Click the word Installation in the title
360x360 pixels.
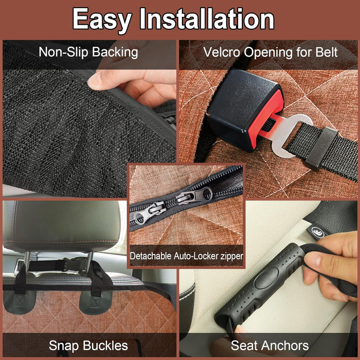(207, 18)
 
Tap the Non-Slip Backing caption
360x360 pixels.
(88, 52)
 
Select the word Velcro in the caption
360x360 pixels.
(222, 52)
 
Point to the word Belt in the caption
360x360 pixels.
(326, 52)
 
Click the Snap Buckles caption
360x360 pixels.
(88, 346)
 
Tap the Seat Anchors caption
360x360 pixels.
(270, 346)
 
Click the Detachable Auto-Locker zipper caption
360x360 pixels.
(186, 256)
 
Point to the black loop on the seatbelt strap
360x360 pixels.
(322, 148)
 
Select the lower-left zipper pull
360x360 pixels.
(147, 212)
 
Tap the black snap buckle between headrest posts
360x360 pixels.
(73, 264)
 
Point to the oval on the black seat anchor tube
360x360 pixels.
(266, 278)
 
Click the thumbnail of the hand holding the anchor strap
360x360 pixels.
(312, 259)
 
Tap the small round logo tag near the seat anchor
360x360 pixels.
(318, 232)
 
